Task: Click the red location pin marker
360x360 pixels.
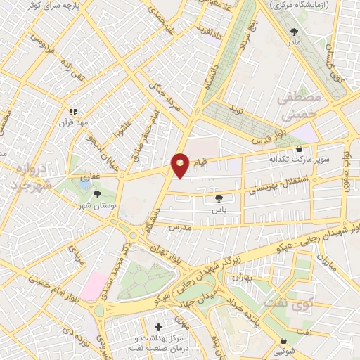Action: click(180, 165)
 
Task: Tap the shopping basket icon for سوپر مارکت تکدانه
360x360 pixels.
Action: click(300, 148)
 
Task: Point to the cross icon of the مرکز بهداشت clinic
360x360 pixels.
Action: click(159, 327)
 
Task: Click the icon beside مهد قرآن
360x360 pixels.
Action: click(72, 111)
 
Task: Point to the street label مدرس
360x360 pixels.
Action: click(180, 229)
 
